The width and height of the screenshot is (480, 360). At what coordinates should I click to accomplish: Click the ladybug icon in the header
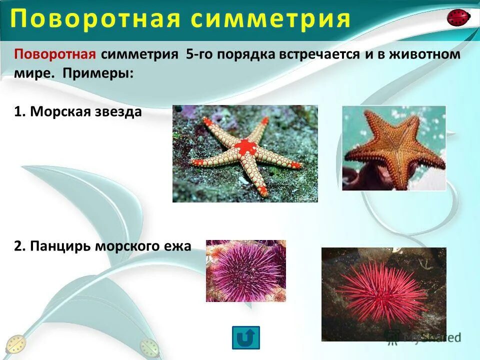pyautogui.click(x=458, y=17)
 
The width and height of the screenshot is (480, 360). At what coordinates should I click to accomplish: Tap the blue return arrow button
pyautogui.click(x=245, y=337)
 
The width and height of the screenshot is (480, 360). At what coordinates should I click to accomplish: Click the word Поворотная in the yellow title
pyautogui.click(x=95, y=19)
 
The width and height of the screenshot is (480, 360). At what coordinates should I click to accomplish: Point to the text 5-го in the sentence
pyautogui.click(x=200, y=54)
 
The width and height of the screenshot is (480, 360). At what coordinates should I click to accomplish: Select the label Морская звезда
pyautogui.click(x=85, y=111)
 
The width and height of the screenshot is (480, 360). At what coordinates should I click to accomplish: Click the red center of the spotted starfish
pyautogui.click(x=244, y=147)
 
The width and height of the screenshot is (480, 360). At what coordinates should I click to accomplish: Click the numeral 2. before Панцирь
pyautogui.click(x=20, y=246)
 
